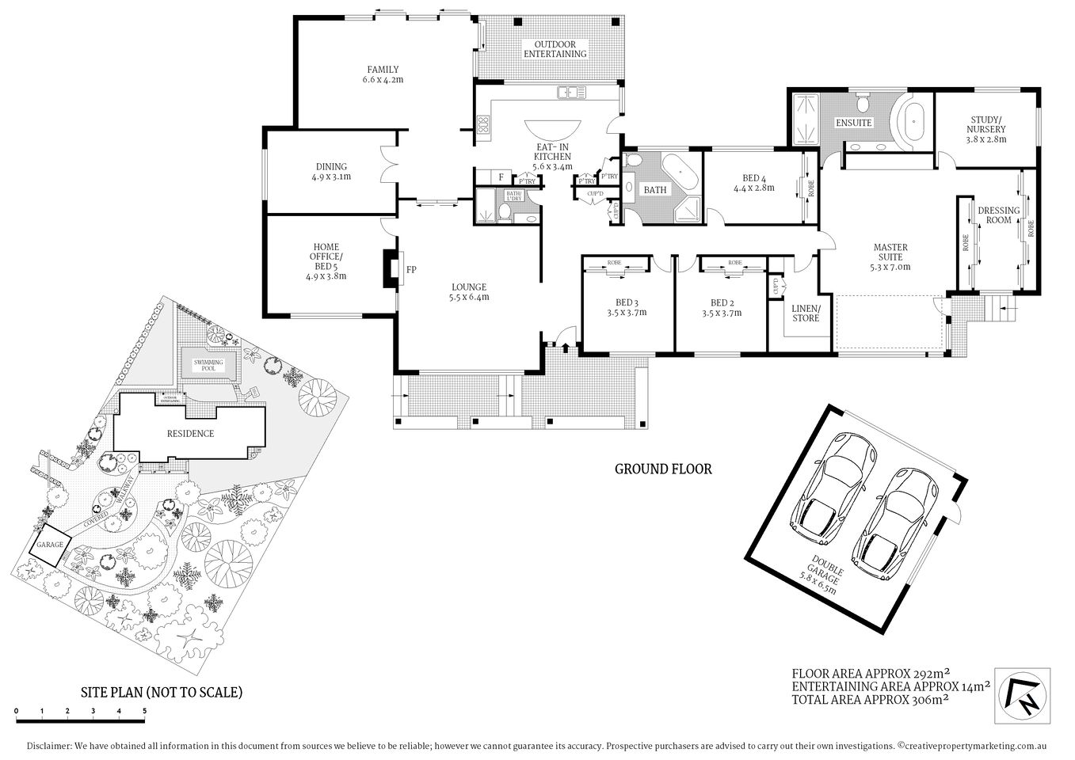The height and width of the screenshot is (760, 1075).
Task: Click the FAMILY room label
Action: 383,70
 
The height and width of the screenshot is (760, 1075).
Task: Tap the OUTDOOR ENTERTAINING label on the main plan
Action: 555,49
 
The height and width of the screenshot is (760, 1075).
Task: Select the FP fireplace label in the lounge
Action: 411,270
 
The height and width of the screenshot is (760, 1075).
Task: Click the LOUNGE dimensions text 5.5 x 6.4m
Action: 469,298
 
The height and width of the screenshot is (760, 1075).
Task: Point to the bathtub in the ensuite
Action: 915,122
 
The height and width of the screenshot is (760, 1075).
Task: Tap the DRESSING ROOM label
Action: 998,215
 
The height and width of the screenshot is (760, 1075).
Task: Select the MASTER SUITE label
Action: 890,252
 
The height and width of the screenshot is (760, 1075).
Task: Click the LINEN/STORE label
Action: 806,313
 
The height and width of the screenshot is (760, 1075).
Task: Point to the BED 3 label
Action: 625,302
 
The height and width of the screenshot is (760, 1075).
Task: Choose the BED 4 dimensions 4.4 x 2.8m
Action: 753,188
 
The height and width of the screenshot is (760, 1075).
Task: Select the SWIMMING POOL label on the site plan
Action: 209,365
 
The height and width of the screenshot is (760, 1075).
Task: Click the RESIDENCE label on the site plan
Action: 189,433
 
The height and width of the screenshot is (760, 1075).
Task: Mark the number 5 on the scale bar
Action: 144,711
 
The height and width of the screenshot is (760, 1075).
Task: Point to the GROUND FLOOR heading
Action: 663,469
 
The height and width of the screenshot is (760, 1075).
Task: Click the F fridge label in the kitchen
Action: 501,177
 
